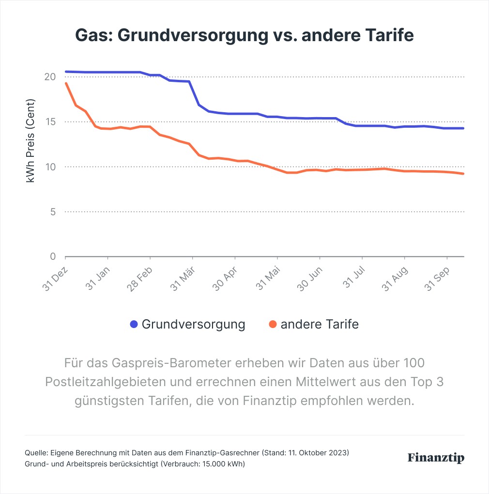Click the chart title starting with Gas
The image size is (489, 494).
click(244, 36)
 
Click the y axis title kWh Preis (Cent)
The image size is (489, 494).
click(31, 140)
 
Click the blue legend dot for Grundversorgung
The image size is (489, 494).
click(134, 324)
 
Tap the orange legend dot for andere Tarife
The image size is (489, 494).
click(273, 324)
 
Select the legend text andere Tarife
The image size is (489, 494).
click(320, 324)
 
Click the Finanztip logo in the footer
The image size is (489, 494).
click(436, 457)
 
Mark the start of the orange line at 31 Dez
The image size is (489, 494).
click(66, 83)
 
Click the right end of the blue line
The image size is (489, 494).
click(463, 128)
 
